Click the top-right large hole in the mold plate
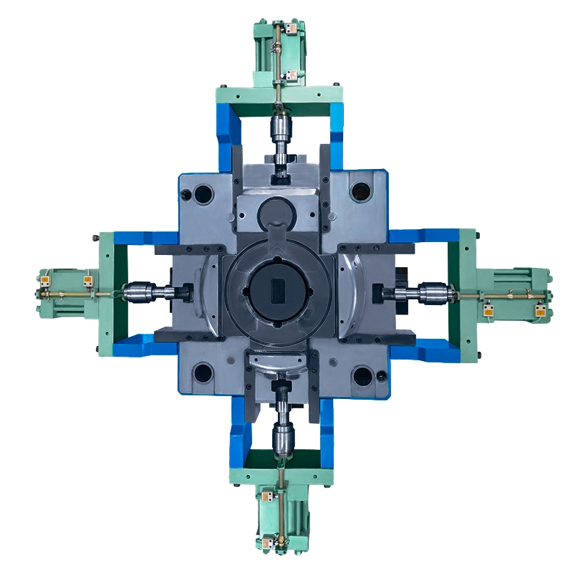360,191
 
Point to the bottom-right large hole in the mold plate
362,374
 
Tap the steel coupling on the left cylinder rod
135,292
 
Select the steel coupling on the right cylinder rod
431,292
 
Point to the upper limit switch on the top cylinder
291,30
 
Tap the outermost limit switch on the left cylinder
45,280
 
